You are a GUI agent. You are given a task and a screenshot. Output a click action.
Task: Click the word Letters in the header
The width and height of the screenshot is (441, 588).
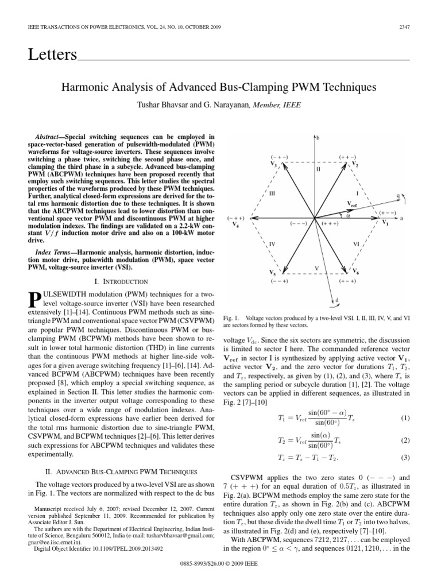click(x=52, y=55)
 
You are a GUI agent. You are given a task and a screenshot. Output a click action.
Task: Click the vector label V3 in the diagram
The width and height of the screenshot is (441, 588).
click(x=274, y=165)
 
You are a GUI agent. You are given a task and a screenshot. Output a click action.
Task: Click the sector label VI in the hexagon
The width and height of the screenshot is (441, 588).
click(x=356, y=243)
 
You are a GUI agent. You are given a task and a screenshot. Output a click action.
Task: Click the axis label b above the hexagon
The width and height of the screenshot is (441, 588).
click(x=319, y=138)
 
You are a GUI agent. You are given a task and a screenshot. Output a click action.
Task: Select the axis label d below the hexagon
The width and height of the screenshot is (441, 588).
click(x=337, y=300)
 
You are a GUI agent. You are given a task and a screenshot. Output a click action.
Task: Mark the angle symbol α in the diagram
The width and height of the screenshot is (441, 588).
click(x=347, y=216)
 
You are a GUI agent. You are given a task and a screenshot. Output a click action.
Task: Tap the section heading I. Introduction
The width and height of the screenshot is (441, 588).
click(x=121, y=281)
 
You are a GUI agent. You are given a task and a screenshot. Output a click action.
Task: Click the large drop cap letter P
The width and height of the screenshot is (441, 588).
click(x=34, y=299)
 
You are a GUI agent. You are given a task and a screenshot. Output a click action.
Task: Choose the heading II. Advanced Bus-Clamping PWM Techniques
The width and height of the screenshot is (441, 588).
click(x=121, y=471)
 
